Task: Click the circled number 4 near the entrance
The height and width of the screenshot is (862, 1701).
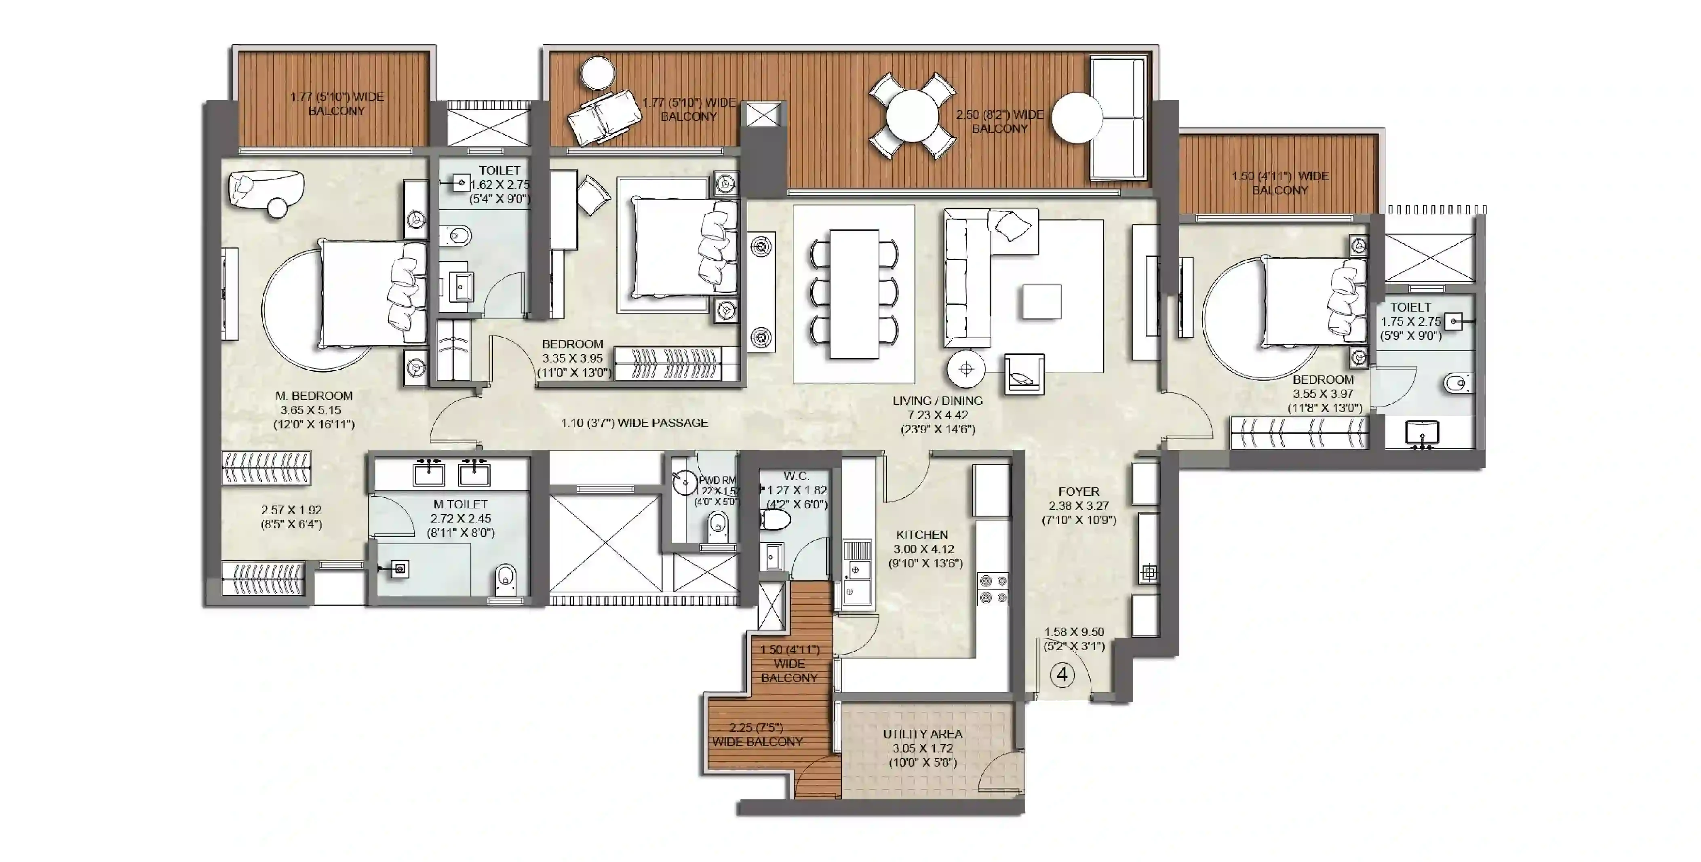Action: (1062, 674)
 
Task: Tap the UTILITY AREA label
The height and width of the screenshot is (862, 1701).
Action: (923, 734)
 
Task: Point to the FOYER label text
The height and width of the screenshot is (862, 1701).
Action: (1078, 491)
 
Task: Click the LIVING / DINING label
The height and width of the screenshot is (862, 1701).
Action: (937, 400)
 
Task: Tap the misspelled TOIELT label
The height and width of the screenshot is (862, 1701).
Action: (1410, 307)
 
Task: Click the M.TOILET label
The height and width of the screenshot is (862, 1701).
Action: (460, 504)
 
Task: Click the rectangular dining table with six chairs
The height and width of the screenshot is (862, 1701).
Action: (854, 294)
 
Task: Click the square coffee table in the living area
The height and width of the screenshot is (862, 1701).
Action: (1042, 302)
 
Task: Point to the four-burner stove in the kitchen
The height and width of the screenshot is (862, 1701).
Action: (993, 589)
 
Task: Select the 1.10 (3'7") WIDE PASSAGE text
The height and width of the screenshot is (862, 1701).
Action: (634, 423)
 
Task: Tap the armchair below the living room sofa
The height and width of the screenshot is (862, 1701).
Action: (1024, 375)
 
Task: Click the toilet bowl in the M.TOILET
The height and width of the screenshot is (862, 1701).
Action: (505, 579)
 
